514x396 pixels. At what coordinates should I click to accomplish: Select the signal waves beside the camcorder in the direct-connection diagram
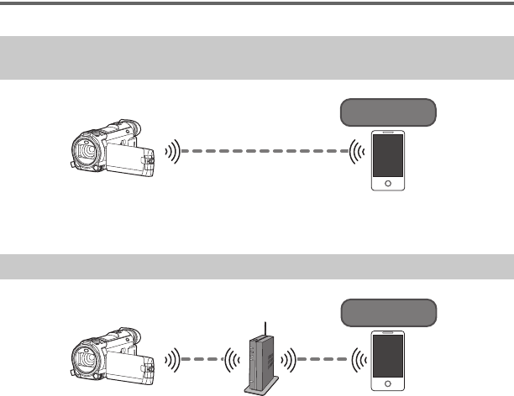click(172, 153)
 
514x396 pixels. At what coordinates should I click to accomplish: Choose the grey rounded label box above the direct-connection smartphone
click(387, 112)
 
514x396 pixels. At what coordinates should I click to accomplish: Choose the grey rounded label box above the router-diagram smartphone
click(387, 313)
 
